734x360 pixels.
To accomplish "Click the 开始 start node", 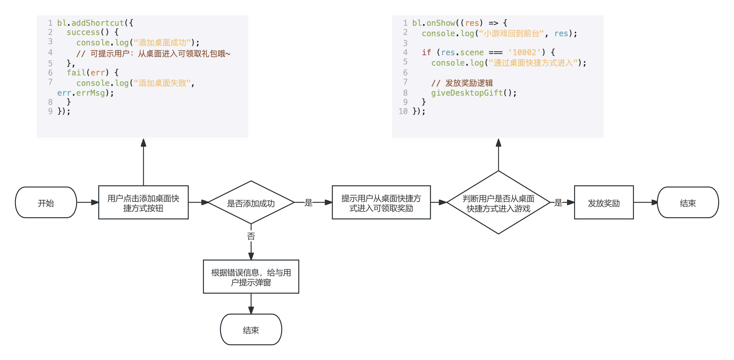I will (46, 203).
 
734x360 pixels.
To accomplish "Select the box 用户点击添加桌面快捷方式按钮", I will (143, 203).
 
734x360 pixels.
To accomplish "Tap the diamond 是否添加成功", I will (251, 203).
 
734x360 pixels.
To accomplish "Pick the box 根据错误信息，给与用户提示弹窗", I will (251, 277).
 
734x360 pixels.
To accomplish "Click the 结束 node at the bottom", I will (251, 330).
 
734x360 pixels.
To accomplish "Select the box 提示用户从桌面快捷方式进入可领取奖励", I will (381, 203).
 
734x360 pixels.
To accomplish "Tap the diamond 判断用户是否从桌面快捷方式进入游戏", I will (498, 203).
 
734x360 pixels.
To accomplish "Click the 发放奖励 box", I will (604, 203).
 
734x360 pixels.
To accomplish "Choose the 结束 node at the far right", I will (688, 203).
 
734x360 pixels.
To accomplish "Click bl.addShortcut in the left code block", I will (91, 23).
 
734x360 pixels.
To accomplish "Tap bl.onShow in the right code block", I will (434, 23).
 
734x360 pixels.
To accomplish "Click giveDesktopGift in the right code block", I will (467, 93).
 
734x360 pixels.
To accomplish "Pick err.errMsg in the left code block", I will (81, 93).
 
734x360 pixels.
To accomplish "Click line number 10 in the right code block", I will (403, 111).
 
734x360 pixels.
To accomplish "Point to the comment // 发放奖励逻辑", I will (462, 83).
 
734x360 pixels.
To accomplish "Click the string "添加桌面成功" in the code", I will (162, 43).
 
